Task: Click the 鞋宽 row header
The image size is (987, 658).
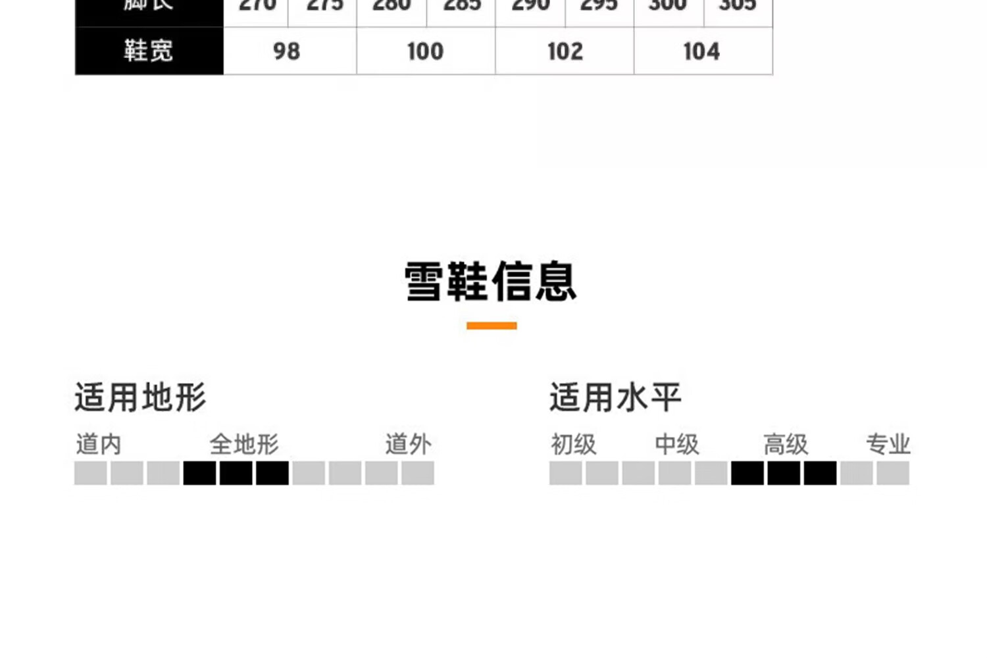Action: [x=149, y=51]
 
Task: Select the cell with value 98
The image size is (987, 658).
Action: [x=287, y=51]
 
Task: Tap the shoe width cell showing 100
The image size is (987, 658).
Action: [x=425, y=51]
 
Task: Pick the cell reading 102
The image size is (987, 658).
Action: [x=565, y=51]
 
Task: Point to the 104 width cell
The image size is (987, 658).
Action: [x=701, y=51]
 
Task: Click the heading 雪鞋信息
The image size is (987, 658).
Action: [x=491, y=282]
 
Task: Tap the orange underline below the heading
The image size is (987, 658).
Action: [x=492, y=326]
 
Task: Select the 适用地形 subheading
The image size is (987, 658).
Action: [x=140, y=397]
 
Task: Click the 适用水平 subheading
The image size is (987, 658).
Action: [x=615, y=397]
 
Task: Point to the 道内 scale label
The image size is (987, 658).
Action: [x=99, y=445]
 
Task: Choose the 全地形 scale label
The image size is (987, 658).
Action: [x=244, y=445]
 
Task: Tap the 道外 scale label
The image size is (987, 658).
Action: [x=408, y=445]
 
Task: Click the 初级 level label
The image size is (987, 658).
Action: [x=573, y=445]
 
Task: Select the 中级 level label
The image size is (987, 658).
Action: [x=676, y=445]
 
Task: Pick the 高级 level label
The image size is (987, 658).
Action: [x=785, y=445]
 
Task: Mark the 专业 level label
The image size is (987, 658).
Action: [x=888, y=445]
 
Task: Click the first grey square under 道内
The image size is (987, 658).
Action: [x=91, y=473]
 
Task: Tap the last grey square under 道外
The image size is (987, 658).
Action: [x=417, y=473]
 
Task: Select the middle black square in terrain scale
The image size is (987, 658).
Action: [x=236, y=473]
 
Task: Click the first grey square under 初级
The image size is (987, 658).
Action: [x=566, y=473]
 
